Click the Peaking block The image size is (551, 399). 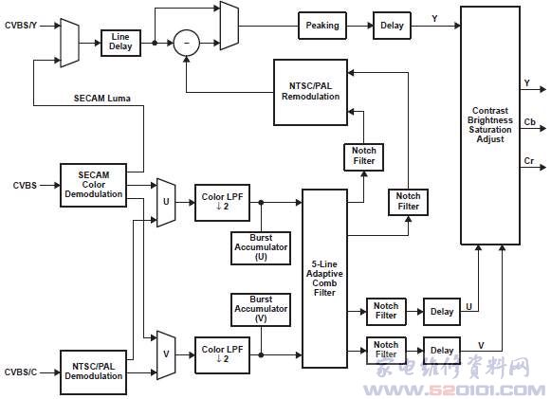[x=322, y=26]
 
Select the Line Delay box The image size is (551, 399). [x=120, y=43]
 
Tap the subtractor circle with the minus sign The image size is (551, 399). [x=187, y=44]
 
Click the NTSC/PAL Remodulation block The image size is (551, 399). [x=310, y=92]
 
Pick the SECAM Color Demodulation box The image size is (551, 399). [x=94, y=185]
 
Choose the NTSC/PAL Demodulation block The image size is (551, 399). [x=94, y=372]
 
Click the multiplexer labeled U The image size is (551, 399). [x=166, y=202]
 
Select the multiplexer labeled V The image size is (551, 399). [x=166, y=354]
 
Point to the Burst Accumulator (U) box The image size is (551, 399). [x=261, y=248]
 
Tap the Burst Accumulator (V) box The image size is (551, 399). [x=261, y=310]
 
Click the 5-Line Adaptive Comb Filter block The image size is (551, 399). [x=324, y=279]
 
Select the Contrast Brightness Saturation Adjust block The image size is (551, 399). [x=490, y=125]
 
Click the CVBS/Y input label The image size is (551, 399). [x=21, y=26]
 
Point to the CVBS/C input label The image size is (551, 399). [x=21, y=372]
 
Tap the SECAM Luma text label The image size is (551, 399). [x=101, y=99]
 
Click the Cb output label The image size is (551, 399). [x=529, y=122]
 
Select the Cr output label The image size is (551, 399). [x=529, y=161]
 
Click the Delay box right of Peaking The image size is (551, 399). [x=392, y=26]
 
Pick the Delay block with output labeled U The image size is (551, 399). [x=442, y=312]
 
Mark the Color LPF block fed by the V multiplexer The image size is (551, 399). [x=223, y=354]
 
